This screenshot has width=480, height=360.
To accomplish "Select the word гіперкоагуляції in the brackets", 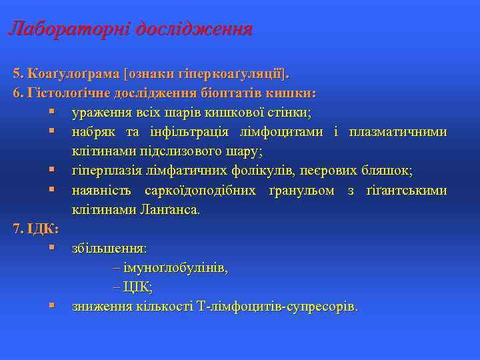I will click(x=243, y=72).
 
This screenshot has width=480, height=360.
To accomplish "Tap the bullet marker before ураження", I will click(x=51, y=111).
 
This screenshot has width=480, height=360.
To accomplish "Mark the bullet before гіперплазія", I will click(x=51, y=171).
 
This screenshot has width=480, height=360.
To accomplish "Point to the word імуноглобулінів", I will click(x=175, y=268).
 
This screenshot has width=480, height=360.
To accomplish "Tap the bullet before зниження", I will click(x=51, y=307).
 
